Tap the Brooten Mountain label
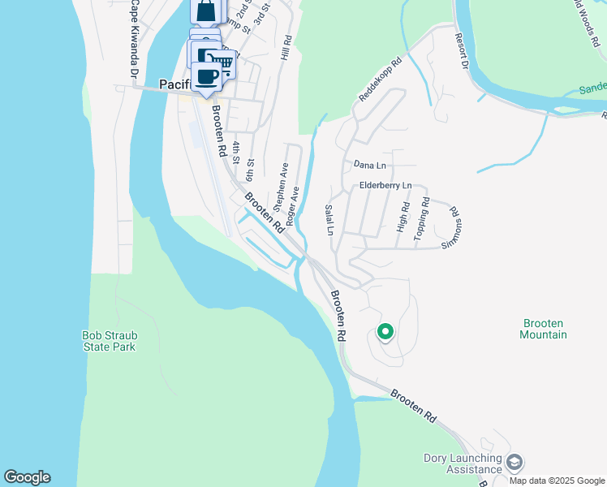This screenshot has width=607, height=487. coord(543,329)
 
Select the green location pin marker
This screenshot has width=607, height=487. coord(385,332)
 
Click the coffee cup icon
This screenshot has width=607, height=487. coord(206,76)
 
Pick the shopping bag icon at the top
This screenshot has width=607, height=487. coord(206,12)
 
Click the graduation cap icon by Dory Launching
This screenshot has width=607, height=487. coord(514,463)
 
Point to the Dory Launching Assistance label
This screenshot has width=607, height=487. coord(463,463)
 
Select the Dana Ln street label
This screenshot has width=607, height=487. coord(369,165)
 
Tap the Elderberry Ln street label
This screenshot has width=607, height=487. coord(385,186)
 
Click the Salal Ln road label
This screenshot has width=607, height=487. coord(329,219)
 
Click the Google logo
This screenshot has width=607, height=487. coord(27,477)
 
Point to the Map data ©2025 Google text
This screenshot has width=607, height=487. coord(556,481)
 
